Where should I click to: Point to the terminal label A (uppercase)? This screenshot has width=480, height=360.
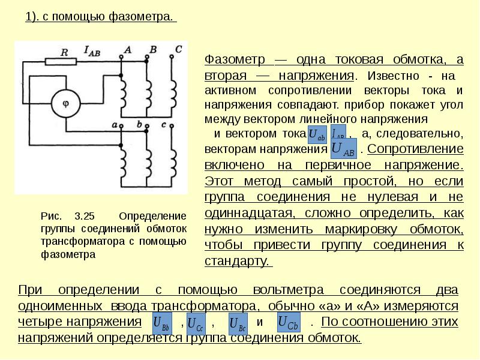127,49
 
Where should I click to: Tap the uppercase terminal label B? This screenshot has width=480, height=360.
153,49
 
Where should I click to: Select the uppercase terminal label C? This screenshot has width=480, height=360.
178,49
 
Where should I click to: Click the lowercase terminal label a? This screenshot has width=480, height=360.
115,124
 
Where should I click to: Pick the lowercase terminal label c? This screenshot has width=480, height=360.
164,124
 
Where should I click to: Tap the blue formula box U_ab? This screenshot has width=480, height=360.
316,135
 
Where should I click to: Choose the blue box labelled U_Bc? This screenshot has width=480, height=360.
238,324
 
